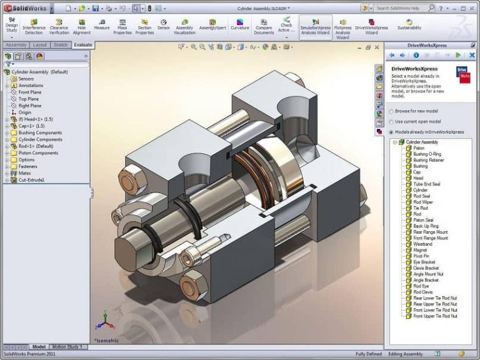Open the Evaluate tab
tap(82, 45)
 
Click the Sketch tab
tap(61, 45)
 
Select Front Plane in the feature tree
tap(29, 92)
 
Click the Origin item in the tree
tap(24, 112)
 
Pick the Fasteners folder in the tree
tap(27, 166)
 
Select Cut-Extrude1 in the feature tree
tap(31, 180)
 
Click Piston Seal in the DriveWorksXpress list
tap(423, 220)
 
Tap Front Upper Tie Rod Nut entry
tap(435, 316)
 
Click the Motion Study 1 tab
tap(67, 346)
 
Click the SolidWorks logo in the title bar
tap(24, 7)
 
